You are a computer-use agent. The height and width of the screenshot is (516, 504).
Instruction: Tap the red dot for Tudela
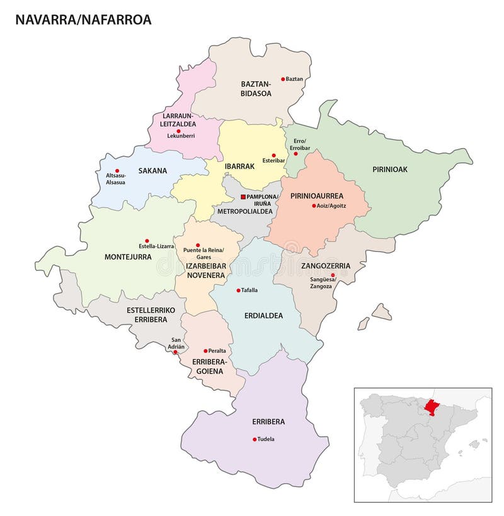(x=255, y=439)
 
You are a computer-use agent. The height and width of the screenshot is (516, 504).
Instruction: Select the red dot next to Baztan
(x=283, y=79)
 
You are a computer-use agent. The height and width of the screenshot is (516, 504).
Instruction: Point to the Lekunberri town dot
(x=178, y=130)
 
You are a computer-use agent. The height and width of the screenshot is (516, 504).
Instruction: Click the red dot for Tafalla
(x=238, y=290)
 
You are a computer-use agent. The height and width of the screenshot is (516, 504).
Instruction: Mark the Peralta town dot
(x=205, y=351)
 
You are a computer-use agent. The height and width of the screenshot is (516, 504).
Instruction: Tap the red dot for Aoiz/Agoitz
(x=313, y=206)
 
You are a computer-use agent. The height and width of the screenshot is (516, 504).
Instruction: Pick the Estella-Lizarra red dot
(x=147, y=240)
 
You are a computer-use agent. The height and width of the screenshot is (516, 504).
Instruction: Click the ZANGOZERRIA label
(x=325, y=266)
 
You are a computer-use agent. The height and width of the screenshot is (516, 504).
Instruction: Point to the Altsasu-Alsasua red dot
(x=117, y=170)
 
